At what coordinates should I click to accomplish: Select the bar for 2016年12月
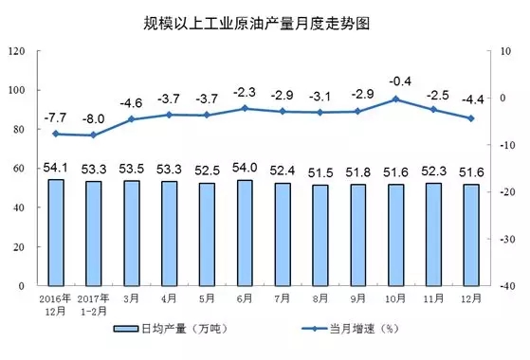click(55, 232)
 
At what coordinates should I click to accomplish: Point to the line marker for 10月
click(397, 99)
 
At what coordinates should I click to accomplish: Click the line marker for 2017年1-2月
click(93, 135)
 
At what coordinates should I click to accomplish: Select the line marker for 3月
click(131, 119)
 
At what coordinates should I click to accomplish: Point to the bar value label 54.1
click(55, 168)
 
